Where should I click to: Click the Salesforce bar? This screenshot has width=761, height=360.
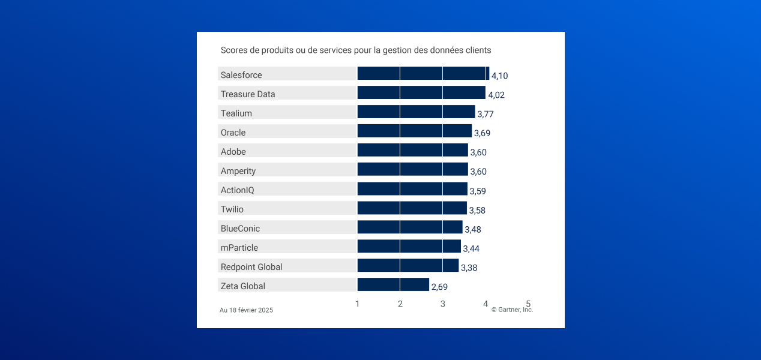tap(423, 74)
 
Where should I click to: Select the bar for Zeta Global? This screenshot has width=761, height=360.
tap(393, 285)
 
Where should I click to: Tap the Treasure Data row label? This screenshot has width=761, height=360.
tap(248, 94)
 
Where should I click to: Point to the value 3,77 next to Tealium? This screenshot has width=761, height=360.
tap(485, 114)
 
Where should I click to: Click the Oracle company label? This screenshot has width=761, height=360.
tap(233, 133)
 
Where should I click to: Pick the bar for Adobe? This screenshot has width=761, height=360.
tap(412, 151)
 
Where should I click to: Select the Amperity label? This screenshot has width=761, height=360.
tap(238, 171)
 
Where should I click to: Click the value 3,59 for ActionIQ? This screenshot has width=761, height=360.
tap(477, 191)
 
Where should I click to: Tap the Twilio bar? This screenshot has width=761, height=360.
tap(412, 208)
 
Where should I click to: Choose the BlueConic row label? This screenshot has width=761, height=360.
tap(240, 229)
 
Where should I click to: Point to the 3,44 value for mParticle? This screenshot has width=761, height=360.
tap(471, 248)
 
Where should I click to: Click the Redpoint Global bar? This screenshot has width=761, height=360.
tap(408, 266)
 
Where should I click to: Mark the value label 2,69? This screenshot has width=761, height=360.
tap(439, 287)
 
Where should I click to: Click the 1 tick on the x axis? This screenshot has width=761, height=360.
tap(358, 304)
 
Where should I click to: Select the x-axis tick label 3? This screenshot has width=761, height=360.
tap(443, 304)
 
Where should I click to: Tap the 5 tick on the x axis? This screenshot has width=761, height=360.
tap(528, 304)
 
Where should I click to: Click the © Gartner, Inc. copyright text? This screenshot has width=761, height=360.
tap(512, 310)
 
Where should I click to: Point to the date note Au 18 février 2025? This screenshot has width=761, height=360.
tap(246, 310)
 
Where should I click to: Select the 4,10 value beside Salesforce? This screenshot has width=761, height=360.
tap(499, 76)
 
